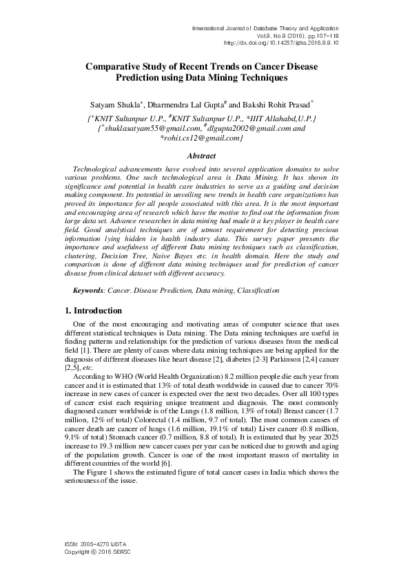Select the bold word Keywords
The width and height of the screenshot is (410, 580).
click(x=89, y=291)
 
